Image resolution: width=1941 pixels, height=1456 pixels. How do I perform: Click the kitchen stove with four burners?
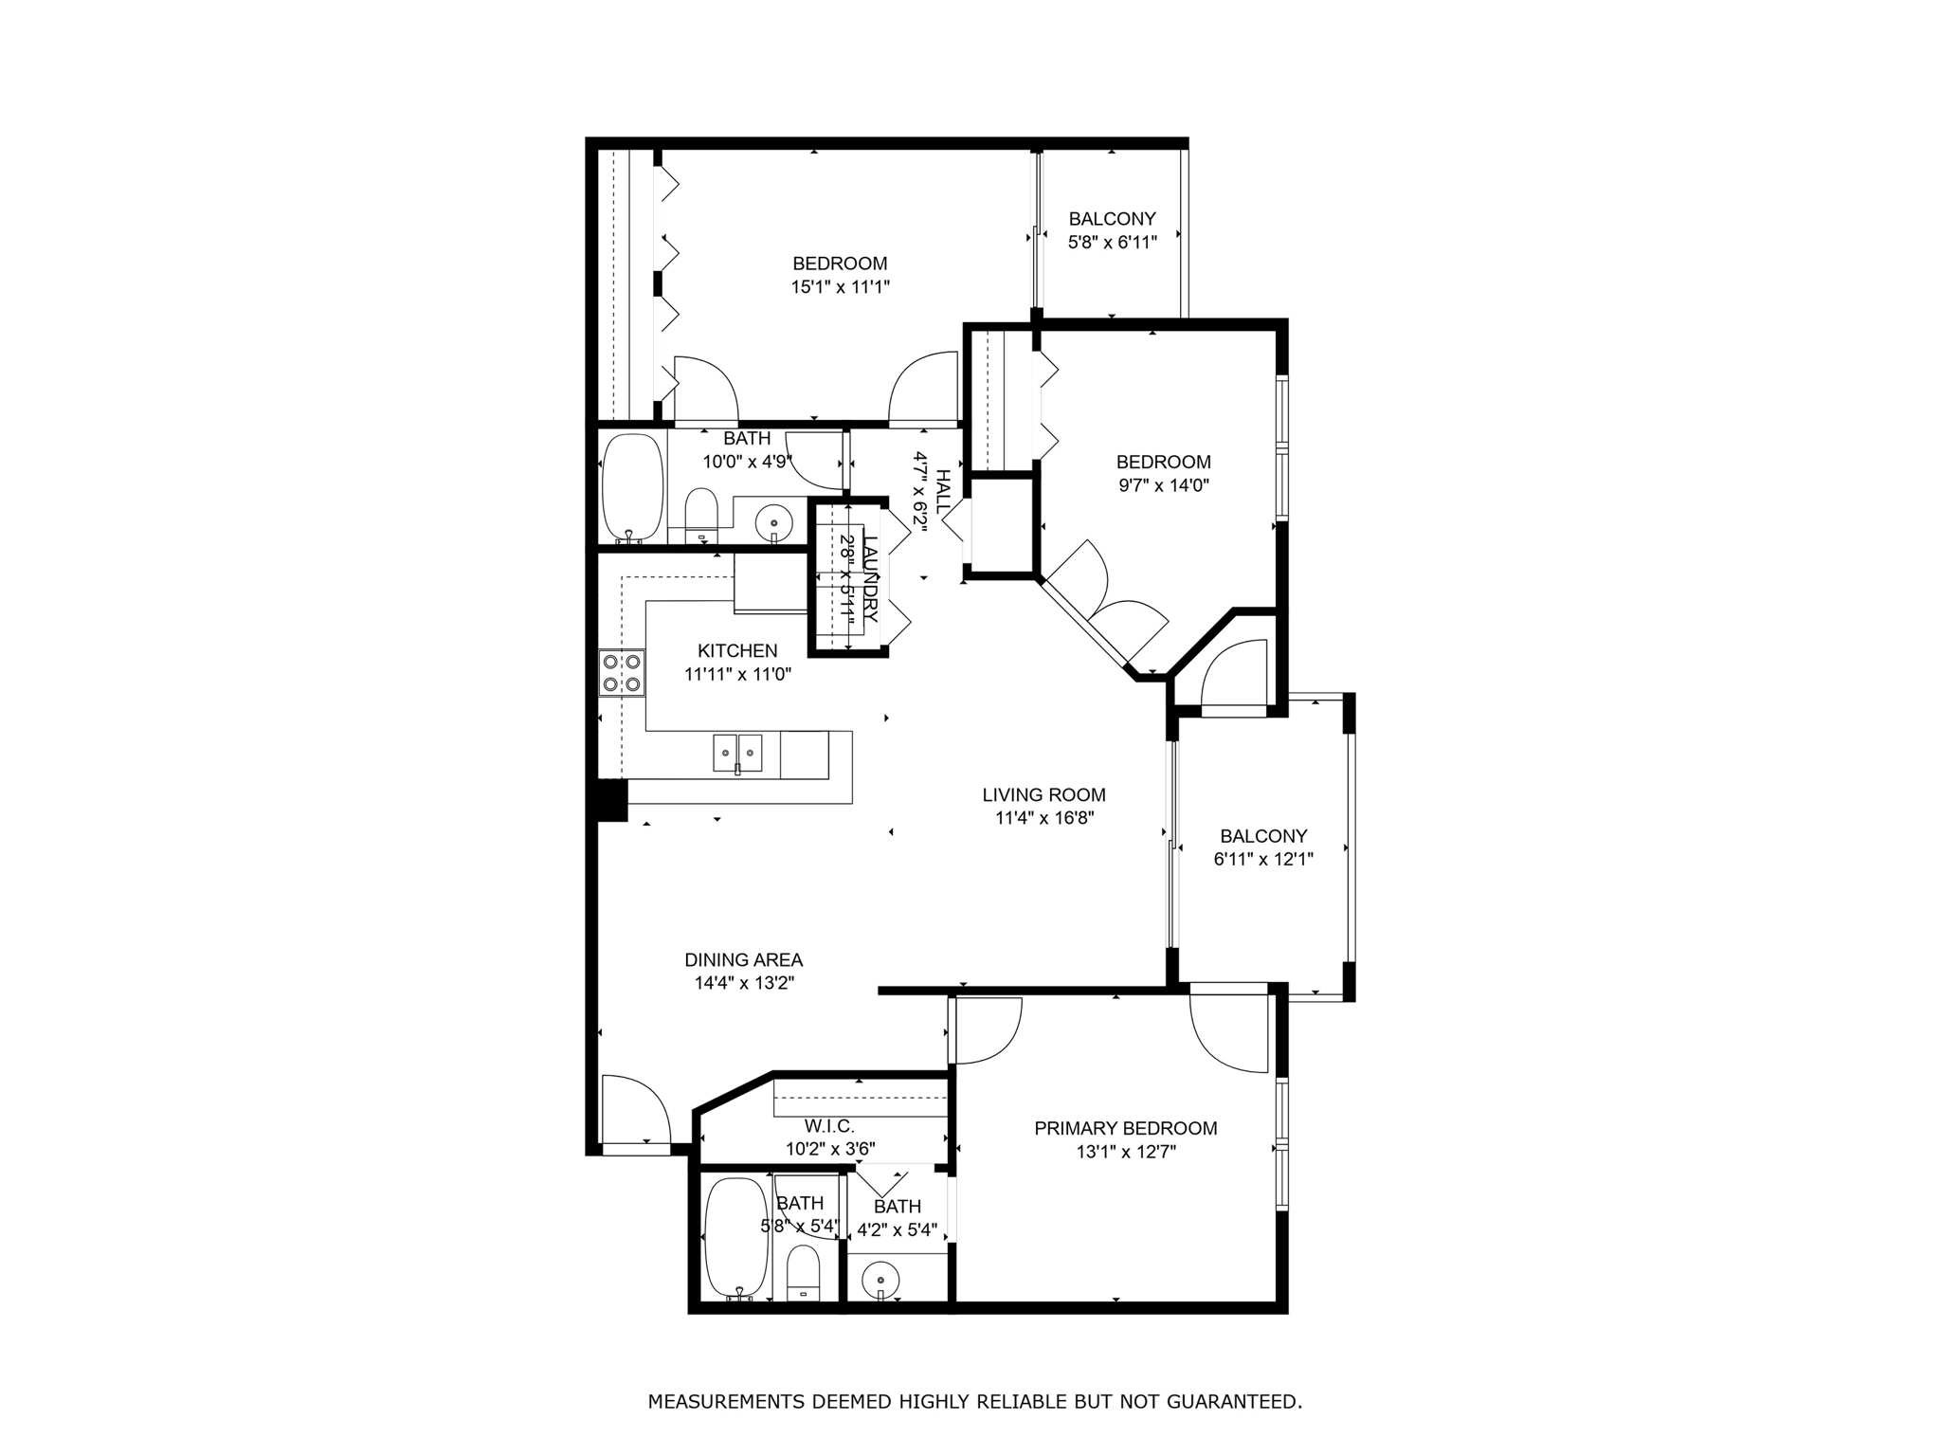coord(622,673)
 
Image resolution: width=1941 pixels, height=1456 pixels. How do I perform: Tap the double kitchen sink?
coord(737,754)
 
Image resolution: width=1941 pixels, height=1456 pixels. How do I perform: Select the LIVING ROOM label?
coord(1043,795)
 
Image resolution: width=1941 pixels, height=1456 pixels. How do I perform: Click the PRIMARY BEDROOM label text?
coord(1125,1128)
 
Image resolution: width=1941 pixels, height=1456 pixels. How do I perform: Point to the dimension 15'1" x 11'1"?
coord(840,287)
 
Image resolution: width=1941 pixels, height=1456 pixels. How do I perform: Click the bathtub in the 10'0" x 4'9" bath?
coord(632,489)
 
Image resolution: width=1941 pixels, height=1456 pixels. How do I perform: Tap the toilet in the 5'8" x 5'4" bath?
coord(804,1272)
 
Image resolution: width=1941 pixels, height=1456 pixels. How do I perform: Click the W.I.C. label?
coord(829,1126)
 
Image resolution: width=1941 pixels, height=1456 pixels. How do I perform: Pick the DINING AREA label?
coord(743,960)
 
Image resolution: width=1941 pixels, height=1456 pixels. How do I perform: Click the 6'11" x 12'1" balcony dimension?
coord(1262,860)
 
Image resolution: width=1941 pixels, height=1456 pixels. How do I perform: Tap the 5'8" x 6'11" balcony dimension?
coord(1112,243)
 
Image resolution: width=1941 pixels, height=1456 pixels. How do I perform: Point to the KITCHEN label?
coord(737,651)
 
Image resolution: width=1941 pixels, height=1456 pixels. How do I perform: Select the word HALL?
coord(943,492)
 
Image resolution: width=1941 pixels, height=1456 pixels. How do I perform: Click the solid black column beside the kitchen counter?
coord(611,800)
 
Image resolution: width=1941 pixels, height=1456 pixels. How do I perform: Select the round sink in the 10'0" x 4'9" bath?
coord(774,521)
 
